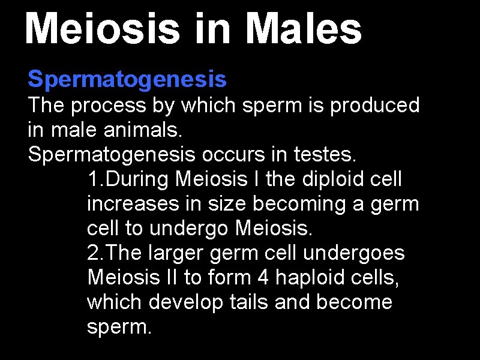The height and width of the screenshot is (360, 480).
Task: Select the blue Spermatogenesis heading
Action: click(x=127, y=78)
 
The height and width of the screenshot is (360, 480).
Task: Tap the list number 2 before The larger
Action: click(x=93, y=253)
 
